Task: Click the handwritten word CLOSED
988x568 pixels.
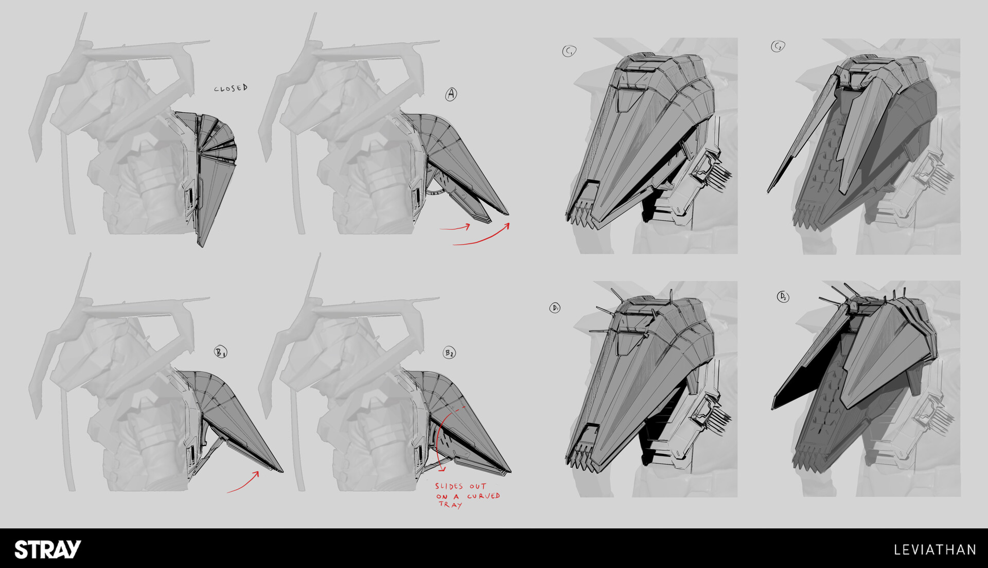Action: [231, 88]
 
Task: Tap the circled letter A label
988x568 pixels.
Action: [451, 94]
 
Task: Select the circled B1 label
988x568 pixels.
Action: [221, 352]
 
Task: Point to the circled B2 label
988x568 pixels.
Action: [449, 353]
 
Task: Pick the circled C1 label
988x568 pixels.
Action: [569, 51]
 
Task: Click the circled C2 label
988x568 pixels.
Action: [778, 47]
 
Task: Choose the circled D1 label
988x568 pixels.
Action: [555, 308]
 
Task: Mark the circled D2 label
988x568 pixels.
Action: [783, 297]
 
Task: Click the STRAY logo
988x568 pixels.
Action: [48, 549]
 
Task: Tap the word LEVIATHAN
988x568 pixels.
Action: [935, 550]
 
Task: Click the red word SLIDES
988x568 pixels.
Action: [449, 486]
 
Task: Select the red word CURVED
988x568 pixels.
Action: [484, 496]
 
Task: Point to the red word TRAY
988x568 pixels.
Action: [450, 505]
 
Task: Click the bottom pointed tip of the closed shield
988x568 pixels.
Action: [201, 245]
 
